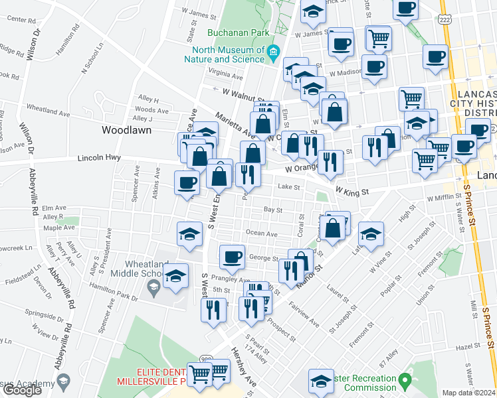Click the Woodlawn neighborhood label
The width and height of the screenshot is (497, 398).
pos(126,130)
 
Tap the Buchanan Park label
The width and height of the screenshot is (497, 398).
pos(229,32)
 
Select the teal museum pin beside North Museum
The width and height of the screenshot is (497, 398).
pos(272,54)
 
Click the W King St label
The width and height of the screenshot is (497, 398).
pos(351,191)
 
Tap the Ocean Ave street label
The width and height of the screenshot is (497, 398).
pos(261,233)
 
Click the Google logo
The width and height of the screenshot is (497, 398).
pos(22,390)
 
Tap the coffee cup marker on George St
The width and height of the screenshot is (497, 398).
pos(232,257)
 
